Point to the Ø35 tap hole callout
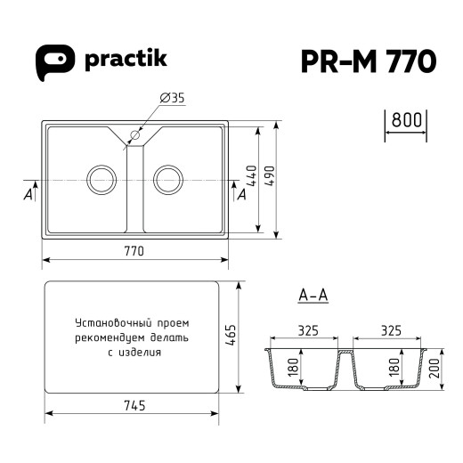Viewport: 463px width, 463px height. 172,99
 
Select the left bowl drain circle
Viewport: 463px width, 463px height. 101,179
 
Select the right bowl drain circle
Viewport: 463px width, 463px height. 167,179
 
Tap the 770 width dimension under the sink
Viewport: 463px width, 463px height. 134,252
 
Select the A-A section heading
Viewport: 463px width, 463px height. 313,296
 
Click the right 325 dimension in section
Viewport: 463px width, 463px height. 389,331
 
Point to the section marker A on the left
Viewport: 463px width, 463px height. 29,192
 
